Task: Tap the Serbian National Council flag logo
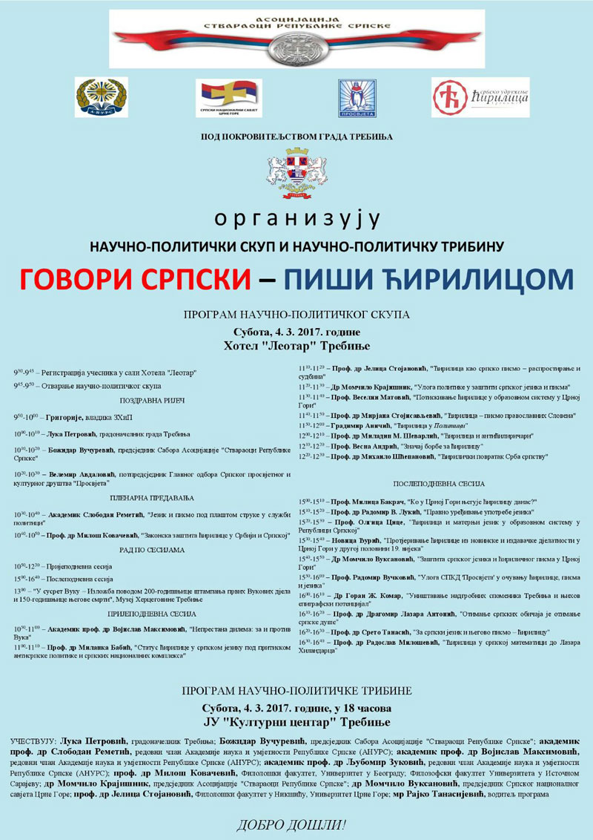(x=228, y=98)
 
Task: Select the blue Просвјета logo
(x=357, y=98)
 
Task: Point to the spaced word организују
(x=296, y=219)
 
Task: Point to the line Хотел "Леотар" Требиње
(x=296, y=346)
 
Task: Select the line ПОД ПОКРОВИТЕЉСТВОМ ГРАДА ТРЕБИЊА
(x=296, y=137)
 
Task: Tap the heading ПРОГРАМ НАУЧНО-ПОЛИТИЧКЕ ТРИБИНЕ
(x=296, y=691)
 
